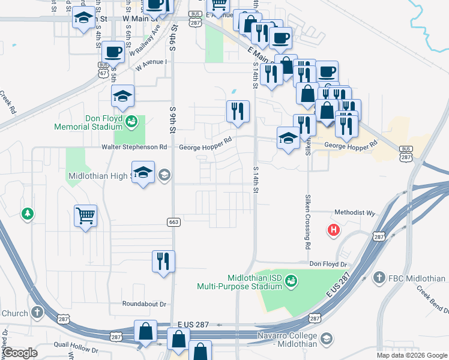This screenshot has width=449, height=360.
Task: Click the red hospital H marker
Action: click(332, 230)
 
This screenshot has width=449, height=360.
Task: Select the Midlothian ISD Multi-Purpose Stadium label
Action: click(240, 282)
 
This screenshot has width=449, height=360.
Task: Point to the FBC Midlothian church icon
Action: click(379, 278)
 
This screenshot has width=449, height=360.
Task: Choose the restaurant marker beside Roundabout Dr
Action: click(163, 262)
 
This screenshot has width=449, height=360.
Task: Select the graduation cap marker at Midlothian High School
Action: click(143, 173)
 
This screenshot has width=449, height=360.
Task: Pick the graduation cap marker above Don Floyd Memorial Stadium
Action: click(122, 97)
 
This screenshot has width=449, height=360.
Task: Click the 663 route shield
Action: click(174, 222)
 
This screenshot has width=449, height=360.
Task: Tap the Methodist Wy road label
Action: click(354, 212)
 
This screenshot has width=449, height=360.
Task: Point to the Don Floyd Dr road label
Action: click(328, 264)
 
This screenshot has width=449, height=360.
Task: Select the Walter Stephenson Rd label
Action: click(134, 147)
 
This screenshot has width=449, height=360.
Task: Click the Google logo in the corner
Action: click(20, 353)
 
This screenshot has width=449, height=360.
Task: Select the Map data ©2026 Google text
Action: click(411, 355)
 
